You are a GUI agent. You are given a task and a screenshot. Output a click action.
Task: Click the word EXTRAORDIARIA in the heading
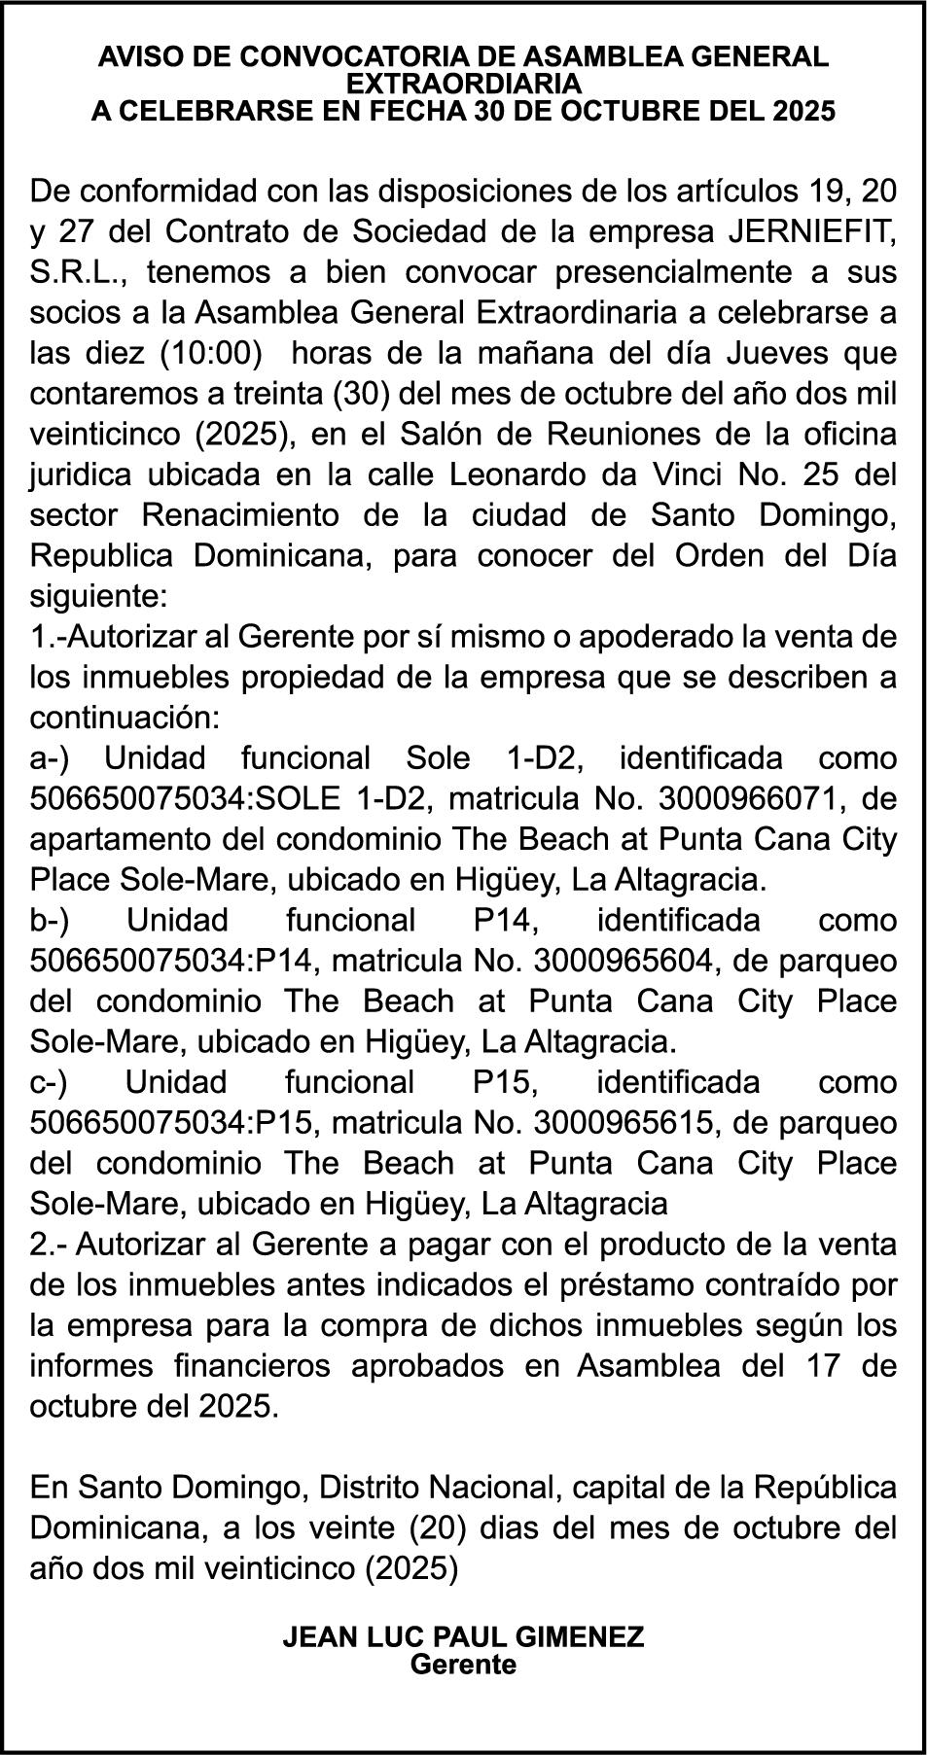coord(463,84)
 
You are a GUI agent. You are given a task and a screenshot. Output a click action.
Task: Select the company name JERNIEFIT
coord(810,232)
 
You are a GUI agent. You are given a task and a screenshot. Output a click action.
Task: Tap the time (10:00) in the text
coord(212,354)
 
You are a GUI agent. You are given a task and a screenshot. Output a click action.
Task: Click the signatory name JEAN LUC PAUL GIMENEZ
coord(463,1636)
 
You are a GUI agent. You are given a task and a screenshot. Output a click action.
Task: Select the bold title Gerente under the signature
coord(463,1664)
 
